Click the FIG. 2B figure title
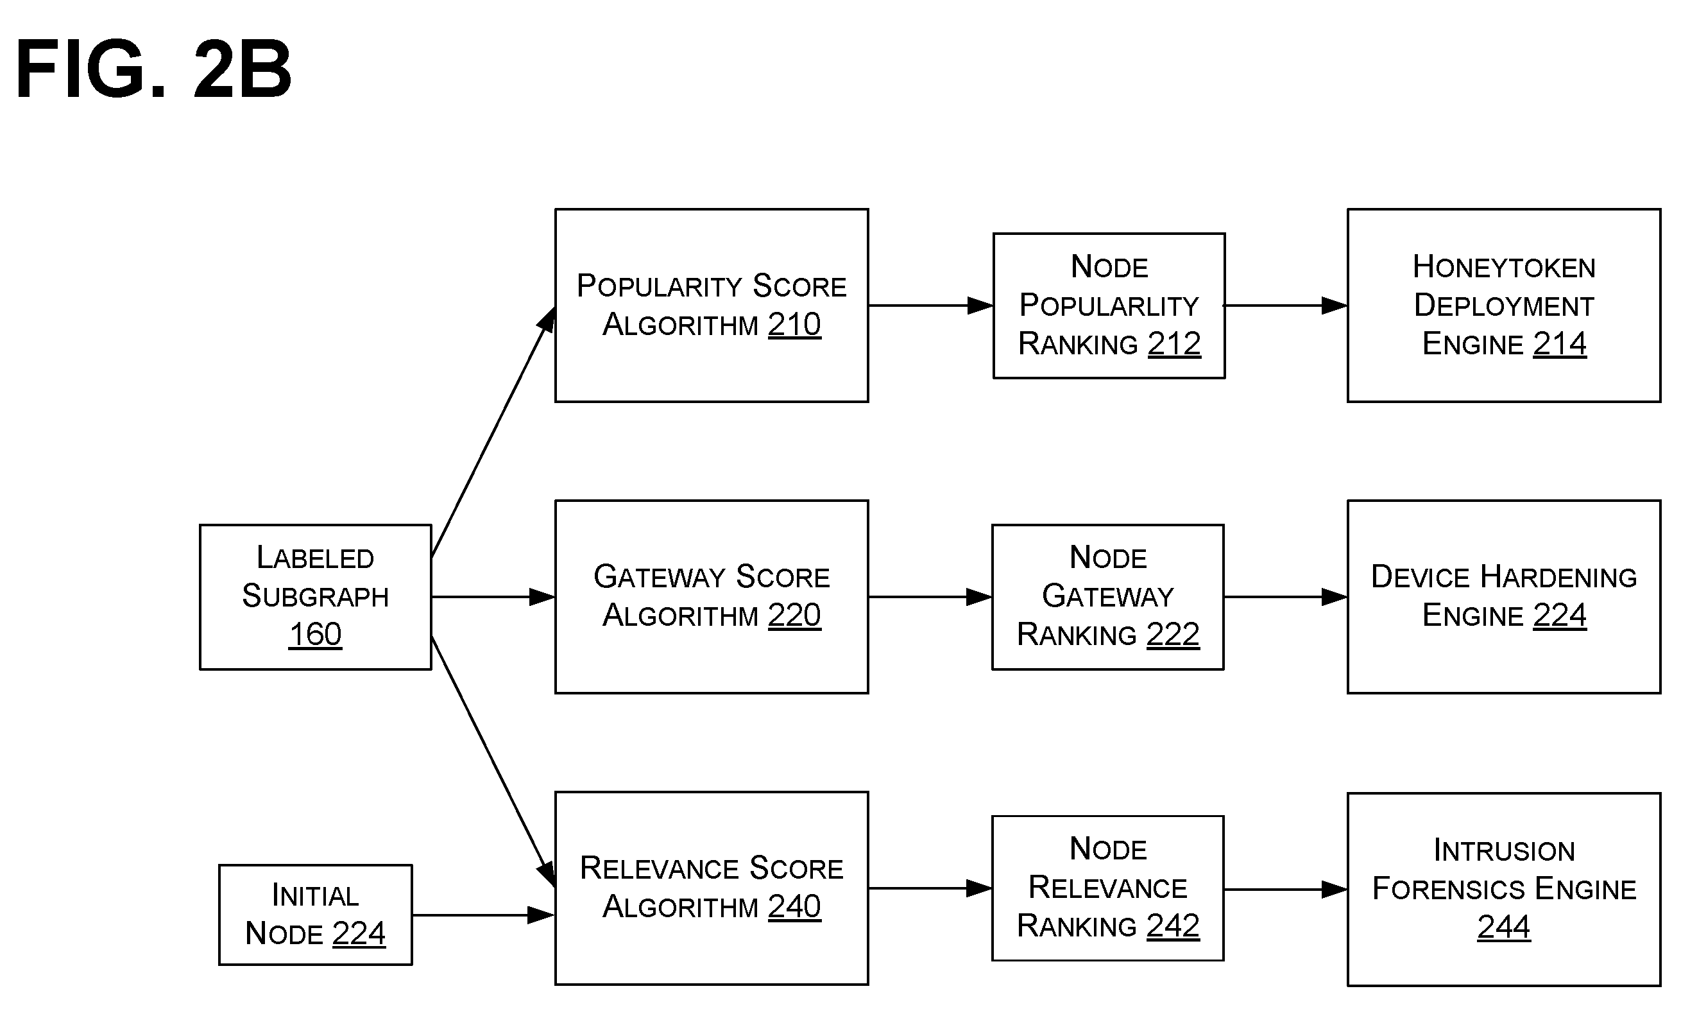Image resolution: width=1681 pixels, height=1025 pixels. [153, 69]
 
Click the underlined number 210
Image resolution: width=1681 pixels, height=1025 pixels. [794, 325]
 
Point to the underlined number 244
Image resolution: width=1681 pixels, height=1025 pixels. [1504, 927]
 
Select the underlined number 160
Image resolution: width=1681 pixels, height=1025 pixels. [315, 635]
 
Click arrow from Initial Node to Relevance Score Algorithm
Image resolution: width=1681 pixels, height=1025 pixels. [484, 915]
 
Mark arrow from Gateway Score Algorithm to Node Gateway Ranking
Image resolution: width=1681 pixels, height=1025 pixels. [930, 597]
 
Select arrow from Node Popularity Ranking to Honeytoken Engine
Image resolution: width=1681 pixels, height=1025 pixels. [1286, 306]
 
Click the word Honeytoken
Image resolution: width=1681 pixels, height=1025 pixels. [1504, 267]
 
